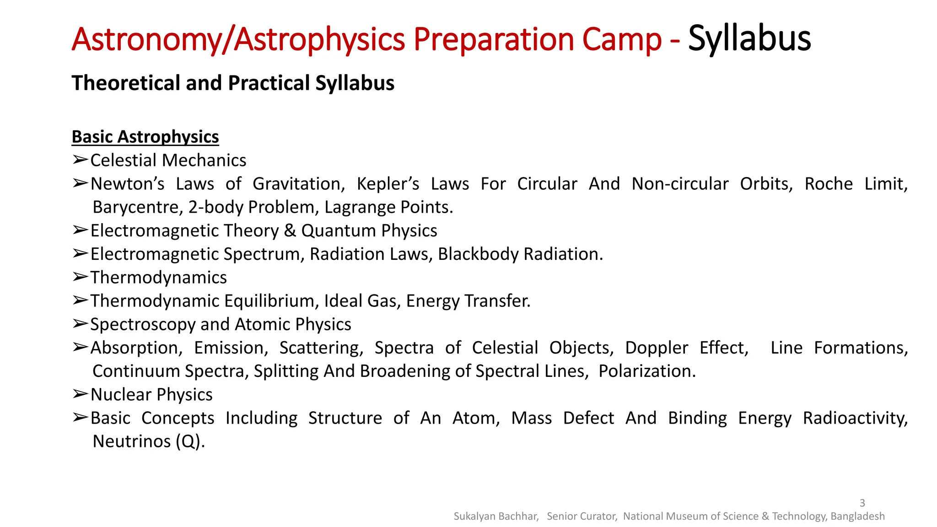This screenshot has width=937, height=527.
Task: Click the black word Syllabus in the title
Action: [x=749, y=38]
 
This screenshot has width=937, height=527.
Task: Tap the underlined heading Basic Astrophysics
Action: [x=145, y=137]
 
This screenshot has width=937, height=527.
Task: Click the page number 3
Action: [x=862, y=503]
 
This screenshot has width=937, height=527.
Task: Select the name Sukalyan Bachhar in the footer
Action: [x=495, y=516]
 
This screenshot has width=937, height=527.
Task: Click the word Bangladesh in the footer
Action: [x=857, y=516]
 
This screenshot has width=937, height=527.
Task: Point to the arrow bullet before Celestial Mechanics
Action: [x=80, y=160]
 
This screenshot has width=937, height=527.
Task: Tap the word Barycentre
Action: [x=137, y=207]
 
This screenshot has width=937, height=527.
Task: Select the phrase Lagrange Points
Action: [x=388, y=207]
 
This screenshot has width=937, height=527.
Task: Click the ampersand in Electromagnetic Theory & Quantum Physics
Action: [x=290, y=231]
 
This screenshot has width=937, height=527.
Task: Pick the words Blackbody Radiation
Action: [x=520, y=254]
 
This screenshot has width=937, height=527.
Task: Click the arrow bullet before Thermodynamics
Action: [x=80, y=277]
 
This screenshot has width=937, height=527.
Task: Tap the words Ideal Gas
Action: [x=362, y=301]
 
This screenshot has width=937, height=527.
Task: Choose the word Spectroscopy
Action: [x=143, y=324]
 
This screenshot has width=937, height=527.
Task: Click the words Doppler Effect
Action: [x=686, y=348]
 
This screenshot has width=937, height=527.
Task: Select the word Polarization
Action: [x=646, y=371]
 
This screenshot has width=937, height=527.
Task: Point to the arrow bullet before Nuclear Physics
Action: [x=80, y=394]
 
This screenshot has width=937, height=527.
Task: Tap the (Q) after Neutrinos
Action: [x=190, y=441]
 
